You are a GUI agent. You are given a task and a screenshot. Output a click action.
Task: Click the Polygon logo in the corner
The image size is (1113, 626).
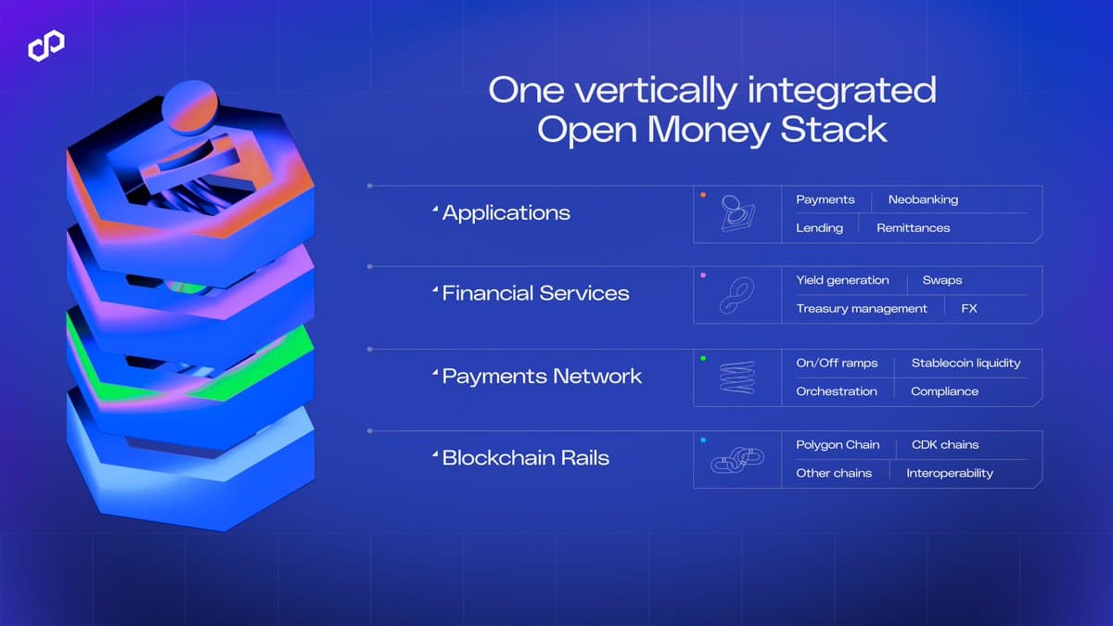[x=45, y=45]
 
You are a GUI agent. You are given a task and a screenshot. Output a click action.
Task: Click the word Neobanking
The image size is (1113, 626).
[x=922, y=199]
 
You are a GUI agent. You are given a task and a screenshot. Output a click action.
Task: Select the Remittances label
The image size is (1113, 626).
[x=913, y=227]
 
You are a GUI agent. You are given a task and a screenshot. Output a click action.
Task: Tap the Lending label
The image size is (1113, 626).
[x=819, y=227]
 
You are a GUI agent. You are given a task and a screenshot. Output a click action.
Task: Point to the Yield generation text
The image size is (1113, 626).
[x=842, y=280]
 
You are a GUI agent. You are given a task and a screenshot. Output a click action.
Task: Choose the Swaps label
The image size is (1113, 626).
[x=941, y=280]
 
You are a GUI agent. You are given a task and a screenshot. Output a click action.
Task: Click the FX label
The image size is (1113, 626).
[x=969, y=308]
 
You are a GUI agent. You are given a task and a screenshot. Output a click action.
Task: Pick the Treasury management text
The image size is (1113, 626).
[x=861, y=308]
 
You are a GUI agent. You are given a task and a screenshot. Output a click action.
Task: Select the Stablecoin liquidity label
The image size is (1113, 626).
[x=966, y=363]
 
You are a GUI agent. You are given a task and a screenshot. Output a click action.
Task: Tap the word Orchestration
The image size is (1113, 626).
[x=836, y=391]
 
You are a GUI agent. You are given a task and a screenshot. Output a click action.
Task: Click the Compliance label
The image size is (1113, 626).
[x=944, y=391]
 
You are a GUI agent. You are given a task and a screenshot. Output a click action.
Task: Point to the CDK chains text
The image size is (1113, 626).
[x=944, y=444]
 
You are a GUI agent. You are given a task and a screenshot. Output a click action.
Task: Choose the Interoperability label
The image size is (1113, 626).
[x=949, y=473]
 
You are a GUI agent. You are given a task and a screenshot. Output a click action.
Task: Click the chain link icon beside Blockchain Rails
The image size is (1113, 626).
[x=736, y=460]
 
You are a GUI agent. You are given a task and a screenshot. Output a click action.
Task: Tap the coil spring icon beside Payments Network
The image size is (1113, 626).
[x=736, y=377]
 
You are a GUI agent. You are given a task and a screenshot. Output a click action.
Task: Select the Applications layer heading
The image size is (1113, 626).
[x=505, y=212]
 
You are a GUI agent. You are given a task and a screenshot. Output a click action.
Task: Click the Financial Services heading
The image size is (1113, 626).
[x=535, y=293]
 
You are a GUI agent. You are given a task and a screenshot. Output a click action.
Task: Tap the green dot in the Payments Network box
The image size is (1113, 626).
[x=703, y=358]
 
